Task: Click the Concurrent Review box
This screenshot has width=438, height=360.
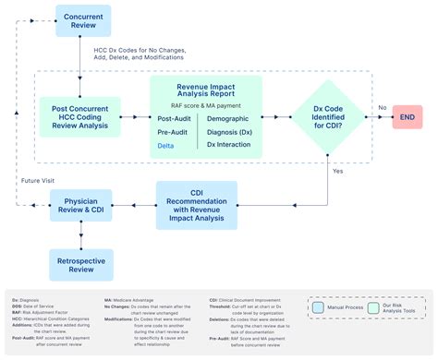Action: (x=83, y=20)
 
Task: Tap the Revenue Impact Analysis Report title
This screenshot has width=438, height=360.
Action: (x=205, y=90)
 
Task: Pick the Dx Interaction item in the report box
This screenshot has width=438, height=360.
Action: (x=229, y=145)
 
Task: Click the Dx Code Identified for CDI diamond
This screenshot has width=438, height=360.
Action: (x=328, y=117)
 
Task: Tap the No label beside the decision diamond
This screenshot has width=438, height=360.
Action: (x=381, y=108)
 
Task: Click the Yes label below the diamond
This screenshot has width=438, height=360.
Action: (x=336, y=172)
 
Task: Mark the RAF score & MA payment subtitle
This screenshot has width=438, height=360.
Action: (x=205, y=105)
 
